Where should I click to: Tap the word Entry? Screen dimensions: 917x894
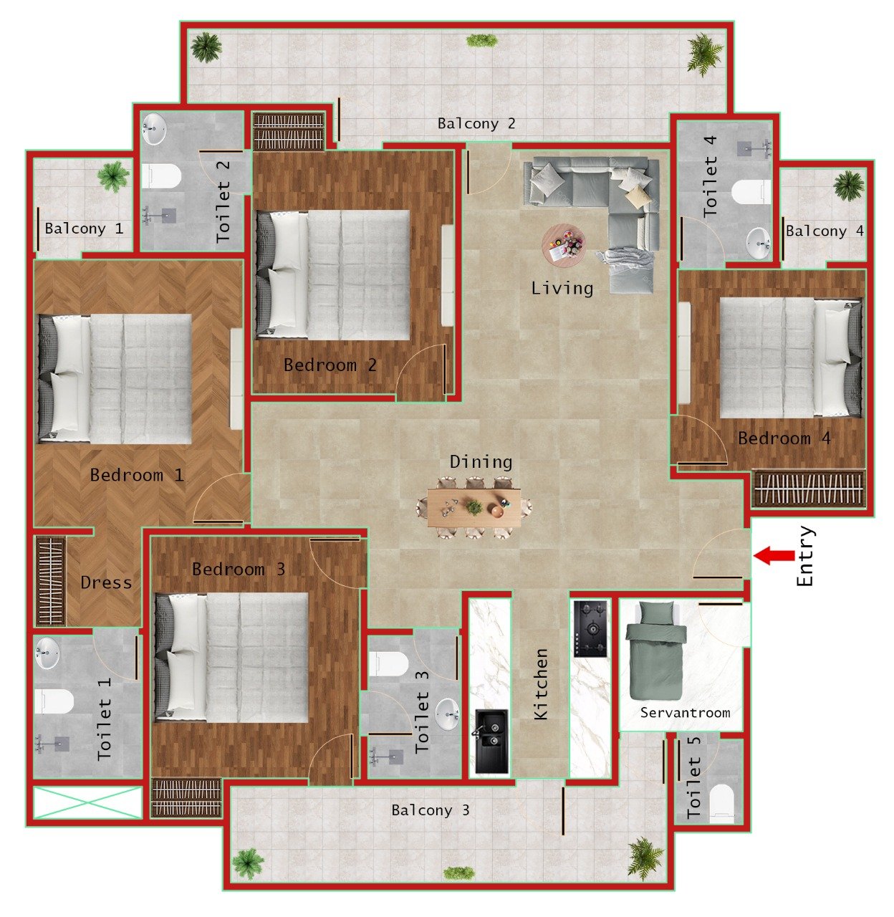point(805,557)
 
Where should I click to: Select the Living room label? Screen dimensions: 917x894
point(562,288)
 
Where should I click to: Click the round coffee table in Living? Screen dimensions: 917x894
point(563,246)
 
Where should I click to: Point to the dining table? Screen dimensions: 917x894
point(474,507)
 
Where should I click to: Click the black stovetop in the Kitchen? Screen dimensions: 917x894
point(590,628)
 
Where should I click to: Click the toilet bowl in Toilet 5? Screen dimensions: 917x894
point(722,802)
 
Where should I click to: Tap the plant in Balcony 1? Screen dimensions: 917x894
point(113,176)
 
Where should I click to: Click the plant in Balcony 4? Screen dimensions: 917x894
point(849,185)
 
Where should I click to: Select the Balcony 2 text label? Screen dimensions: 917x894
point(476,124)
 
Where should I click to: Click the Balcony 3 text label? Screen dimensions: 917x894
point(430,810)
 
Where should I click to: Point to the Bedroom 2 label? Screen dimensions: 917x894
point(330,365)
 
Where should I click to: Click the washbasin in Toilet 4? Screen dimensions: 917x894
point(758,243)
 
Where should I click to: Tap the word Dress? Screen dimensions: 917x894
point(106,582)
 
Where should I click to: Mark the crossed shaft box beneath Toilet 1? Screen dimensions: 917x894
point(87,802)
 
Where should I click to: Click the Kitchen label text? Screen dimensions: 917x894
point(541,684)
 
